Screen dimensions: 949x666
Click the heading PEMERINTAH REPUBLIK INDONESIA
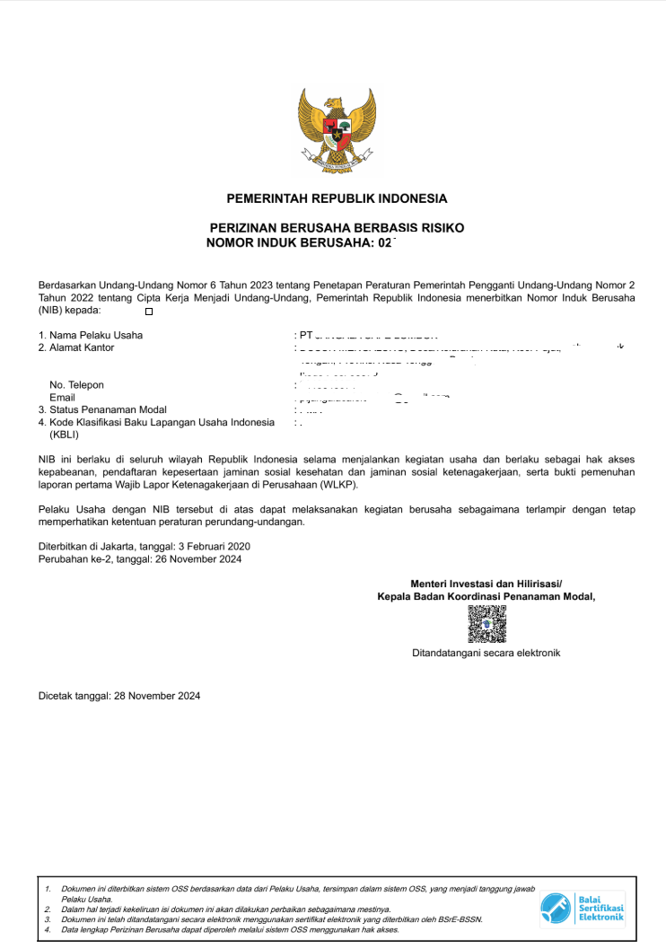click(x=337, y=198)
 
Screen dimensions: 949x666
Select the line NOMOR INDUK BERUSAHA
click(x=301, y=242)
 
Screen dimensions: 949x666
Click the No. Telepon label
click(x=76, y=385)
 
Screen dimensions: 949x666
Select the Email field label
click(x=62, y=398)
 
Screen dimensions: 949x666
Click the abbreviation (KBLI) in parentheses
click(x=65, y=435)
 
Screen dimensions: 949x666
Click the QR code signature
click(x=486, y=624)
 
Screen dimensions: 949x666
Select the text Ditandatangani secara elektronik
click(x=486, y=653)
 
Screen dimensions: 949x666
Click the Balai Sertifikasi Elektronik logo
click(x=583, y=909)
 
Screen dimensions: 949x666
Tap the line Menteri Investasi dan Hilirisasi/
click(x=486, y=584)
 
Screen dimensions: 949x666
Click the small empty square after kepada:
click(x=149, y=312)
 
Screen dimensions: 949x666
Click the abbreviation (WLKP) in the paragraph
click(x=337, y=485)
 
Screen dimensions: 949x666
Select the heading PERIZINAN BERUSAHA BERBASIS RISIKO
click(x=337, y=228)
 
